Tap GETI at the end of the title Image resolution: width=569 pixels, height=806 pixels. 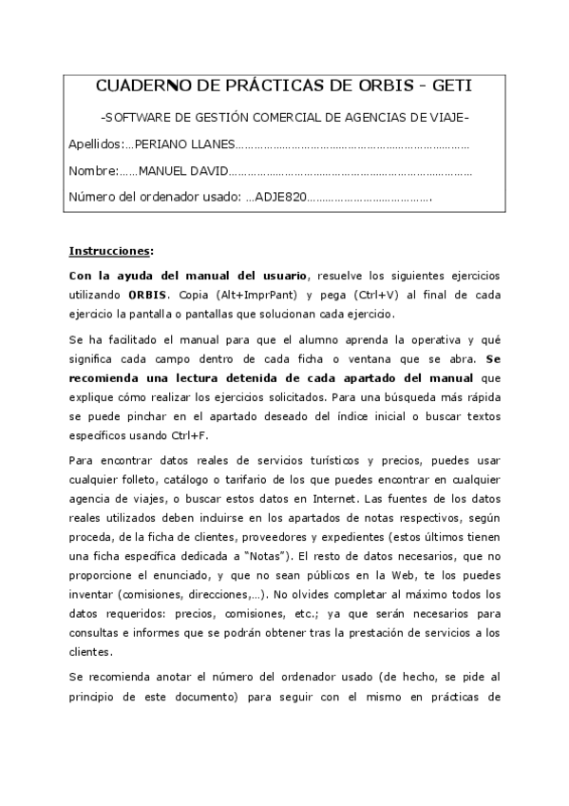tap(450, 86)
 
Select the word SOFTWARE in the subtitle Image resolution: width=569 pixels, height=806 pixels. tap(140, 117)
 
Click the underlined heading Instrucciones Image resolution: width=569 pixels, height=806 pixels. tap(109, 251)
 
